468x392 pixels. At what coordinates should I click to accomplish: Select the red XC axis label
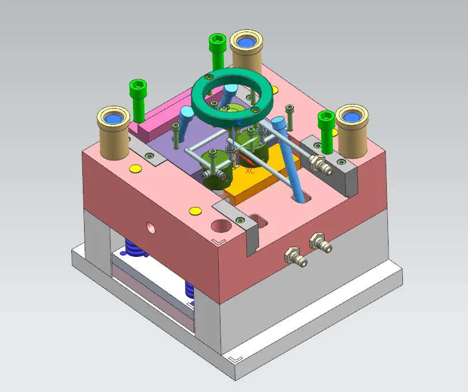tap(250, 171)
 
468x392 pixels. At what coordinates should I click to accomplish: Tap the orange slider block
tap(262, 176)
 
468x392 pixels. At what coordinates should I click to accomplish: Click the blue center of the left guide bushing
tap(113, 119)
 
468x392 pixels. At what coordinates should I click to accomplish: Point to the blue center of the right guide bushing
tap(352, 117)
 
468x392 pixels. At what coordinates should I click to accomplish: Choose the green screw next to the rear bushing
tap(217, 51)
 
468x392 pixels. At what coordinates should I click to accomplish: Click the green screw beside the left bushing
tap(138, 101)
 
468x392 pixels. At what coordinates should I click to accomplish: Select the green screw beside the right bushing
tap(326, 132)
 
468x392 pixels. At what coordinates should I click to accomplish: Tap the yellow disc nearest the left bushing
tap(135, 168)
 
